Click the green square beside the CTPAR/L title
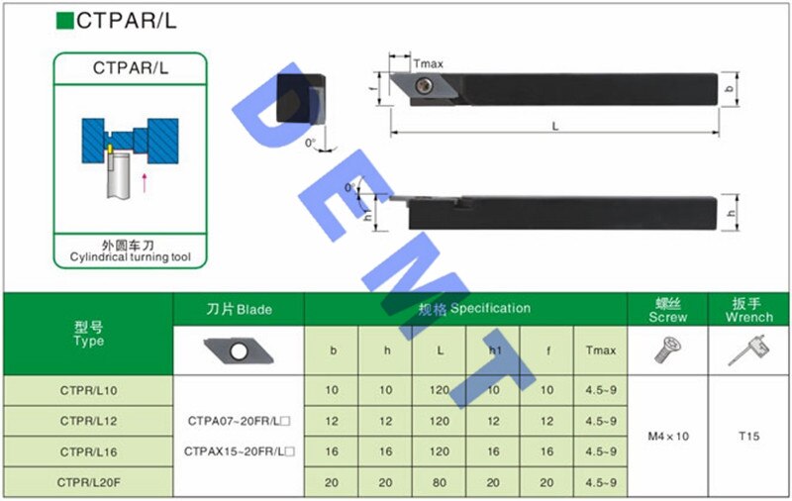(x=66, y=21)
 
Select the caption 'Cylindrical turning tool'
(x=130, y=257)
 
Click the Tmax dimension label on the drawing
(x=428, y=63)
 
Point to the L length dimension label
(x=555, y=126)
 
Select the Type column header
(x=88, y=334)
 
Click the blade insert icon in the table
(x=238, y=351)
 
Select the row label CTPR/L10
(x=88, y=390)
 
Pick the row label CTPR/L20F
(x=88, y=482)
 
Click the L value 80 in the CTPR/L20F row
(x=439, y=482)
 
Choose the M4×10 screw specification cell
(x=667, y=436)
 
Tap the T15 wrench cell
(x=748, y=436)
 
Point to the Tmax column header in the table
(x=601, y=351)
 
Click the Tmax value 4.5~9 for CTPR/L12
(x=601, y=421)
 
